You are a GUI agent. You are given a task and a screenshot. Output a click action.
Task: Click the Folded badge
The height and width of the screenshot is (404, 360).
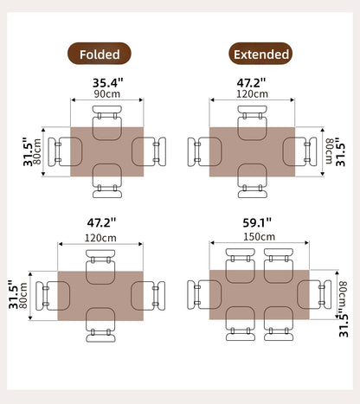[100, 55]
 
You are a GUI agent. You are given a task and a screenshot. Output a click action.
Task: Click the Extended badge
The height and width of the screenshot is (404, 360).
[260, 55]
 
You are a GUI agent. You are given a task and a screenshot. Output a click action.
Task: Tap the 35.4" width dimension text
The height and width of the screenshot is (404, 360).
[107, 83]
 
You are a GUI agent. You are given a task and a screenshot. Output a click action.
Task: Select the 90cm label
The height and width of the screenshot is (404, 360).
[107, 93]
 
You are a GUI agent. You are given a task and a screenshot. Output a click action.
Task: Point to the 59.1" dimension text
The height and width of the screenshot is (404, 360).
[260, 222]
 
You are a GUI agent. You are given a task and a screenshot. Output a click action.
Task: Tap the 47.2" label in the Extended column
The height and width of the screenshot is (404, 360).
[252, 83]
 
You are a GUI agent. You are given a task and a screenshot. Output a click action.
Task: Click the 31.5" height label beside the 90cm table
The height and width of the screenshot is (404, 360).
[29, 152]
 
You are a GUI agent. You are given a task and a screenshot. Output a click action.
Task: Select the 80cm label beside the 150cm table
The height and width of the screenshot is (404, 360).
[343, 297]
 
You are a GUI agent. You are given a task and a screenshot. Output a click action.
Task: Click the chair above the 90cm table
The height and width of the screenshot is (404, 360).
[108, 121]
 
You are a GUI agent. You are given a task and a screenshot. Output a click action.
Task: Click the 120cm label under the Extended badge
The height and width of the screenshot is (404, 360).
[252, 93]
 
